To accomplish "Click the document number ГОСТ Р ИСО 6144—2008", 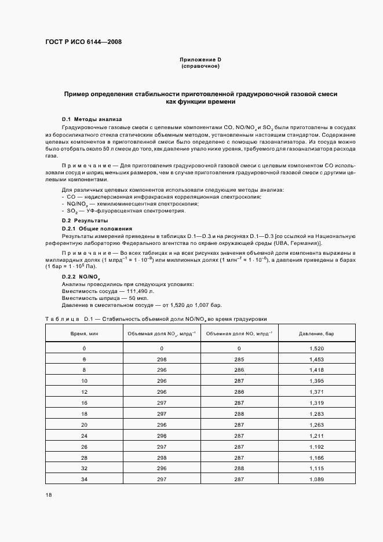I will (x=83, y=42).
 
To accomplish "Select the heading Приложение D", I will (x=200, y=60).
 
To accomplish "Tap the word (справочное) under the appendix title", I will (x=200, y=67).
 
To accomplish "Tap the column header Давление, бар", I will (x=316, y=334).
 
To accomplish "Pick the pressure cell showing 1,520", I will (x=316, y=349).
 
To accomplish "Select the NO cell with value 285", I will (x=239, y=360).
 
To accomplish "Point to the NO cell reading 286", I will (x=239, y=370).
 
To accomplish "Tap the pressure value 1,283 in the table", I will (x=316, y=413).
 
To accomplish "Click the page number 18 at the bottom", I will (x=49, y=495).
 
